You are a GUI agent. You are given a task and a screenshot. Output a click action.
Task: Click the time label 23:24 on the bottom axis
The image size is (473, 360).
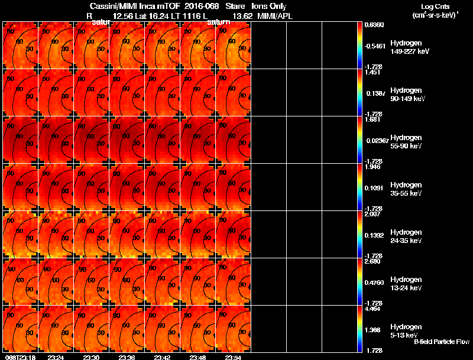(x=56, y=357)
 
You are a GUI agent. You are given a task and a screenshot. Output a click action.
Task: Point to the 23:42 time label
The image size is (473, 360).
(x=163, y=357)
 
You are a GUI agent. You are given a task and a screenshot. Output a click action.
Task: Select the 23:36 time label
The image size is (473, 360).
(x=127, y=357)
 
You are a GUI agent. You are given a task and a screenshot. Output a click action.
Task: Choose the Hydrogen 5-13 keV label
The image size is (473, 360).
(x=406, y=330)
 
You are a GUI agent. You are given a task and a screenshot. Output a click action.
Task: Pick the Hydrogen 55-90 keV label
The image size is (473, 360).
(x=407, y=141)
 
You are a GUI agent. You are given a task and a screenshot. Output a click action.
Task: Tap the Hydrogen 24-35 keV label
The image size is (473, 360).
(x=407, y=236)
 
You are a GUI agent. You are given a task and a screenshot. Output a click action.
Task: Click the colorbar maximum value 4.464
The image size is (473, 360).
(x=373, y=309)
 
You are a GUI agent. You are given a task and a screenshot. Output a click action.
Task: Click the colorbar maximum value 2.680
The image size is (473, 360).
(x=373, y=261)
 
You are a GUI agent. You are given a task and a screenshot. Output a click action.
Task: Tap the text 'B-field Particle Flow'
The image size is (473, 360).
(x=442, y=342)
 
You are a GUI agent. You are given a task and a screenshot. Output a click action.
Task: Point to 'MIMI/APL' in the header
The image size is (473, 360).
(x=272, y=16)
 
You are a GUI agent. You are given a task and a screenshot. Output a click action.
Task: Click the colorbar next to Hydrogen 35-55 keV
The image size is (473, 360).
(x=359, y=187)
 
